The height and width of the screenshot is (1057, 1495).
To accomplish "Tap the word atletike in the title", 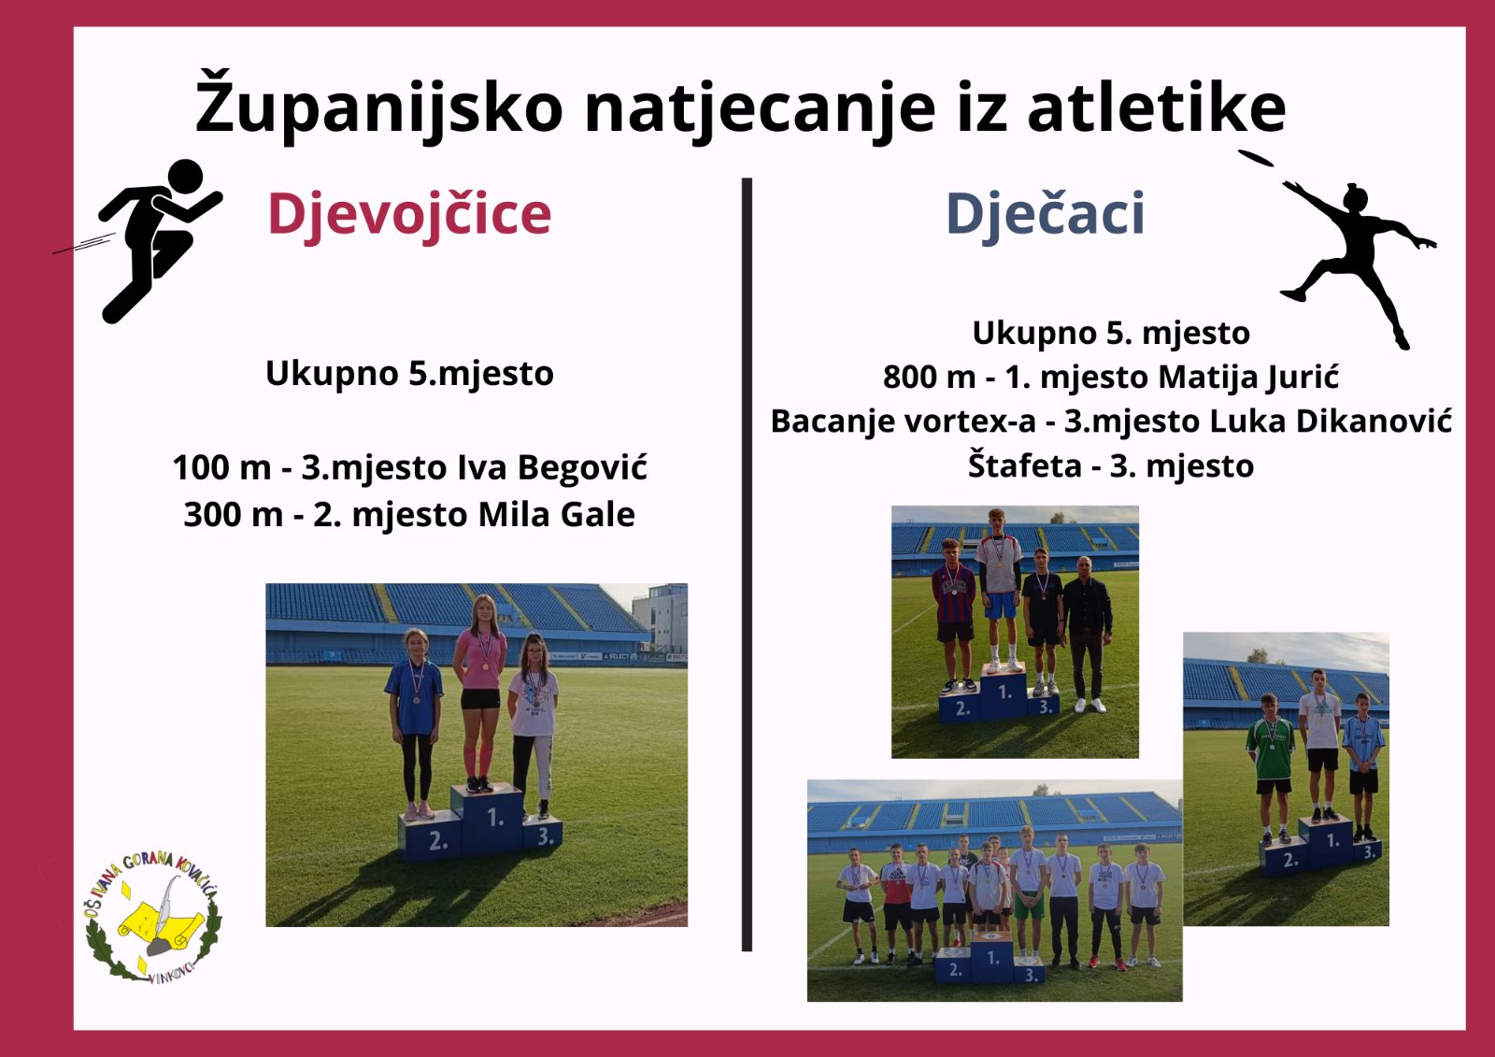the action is (1156, 107).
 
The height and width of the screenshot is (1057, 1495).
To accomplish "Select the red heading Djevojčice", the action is (409, 215).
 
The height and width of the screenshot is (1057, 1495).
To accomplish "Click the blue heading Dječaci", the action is (1046, 215).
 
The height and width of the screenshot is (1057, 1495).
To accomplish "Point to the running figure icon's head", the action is (185, 177).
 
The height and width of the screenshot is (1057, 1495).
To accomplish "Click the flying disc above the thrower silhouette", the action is (1256, 158).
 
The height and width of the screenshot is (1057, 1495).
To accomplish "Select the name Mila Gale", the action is (557, 515).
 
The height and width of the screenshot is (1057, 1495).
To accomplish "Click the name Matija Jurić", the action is (1248, 378).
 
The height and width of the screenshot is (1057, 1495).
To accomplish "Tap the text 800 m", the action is (929, 378).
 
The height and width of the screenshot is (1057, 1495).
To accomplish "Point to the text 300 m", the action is (234, 515).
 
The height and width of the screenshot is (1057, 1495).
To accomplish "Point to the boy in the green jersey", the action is (1271, 769).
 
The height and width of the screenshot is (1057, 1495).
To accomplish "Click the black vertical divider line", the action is (747, 564).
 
